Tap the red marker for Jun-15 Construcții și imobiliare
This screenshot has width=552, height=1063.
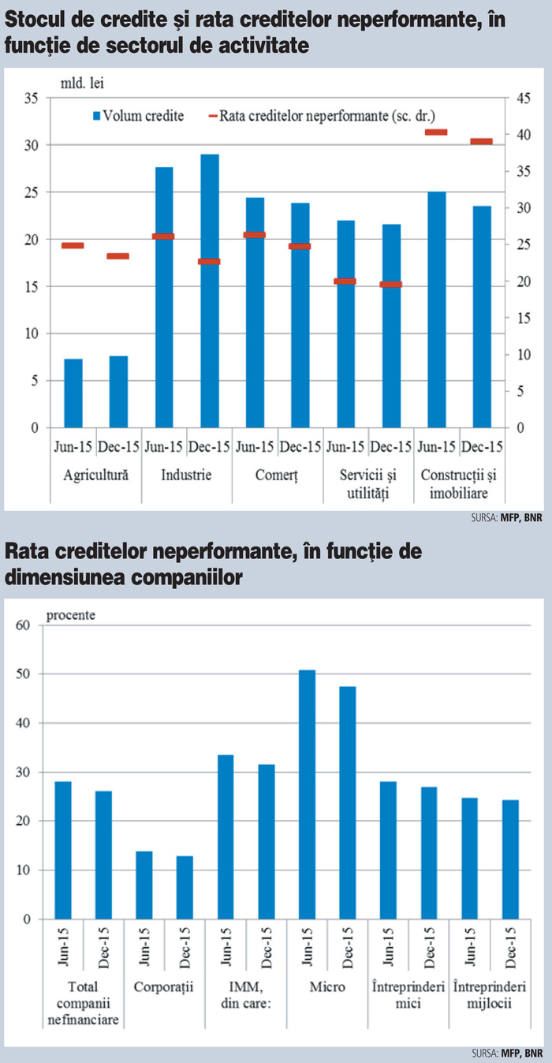point(436,132)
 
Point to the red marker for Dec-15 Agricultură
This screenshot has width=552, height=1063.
point(118,256)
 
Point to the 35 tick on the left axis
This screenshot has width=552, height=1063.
point(32,99)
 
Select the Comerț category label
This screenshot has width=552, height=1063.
point(277,476)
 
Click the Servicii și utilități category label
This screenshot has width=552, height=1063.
point(368,485)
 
